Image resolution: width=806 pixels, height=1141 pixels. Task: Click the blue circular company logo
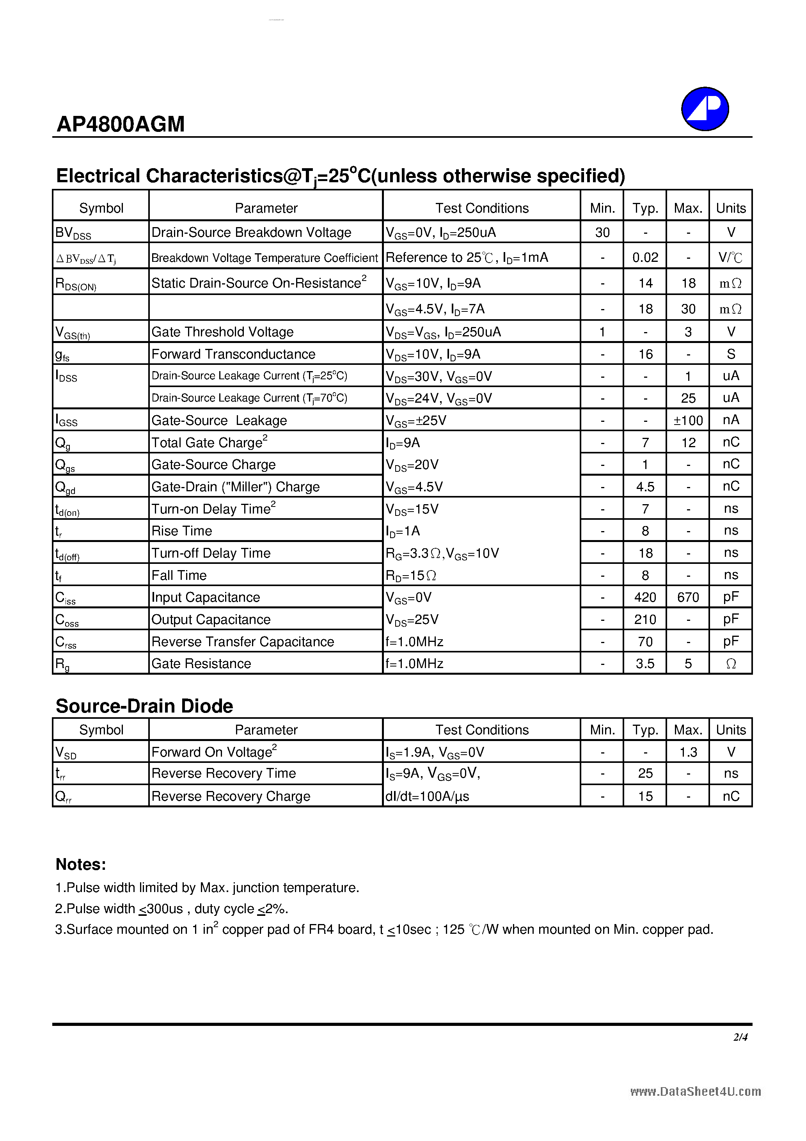pos(704,109)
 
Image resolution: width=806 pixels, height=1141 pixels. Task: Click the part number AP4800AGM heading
pos(121,124)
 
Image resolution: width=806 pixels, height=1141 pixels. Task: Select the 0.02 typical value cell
pos(645,258)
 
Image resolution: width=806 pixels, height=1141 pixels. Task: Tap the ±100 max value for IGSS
pos(688,420)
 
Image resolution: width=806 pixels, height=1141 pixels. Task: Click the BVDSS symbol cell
pos(73,233)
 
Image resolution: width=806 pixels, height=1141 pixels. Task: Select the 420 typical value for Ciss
pos(645,597)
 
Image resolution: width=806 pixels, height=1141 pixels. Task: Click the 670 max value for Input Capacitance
pos(688,597)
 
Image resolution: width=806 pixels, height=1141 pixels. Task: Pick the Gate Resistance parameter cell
pos(201,663)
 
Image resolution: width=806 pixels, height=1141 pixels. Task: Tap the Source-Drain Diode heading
pos(144,706)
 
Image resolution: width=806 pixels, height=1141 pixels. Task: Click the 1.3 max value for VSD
pos(688,752)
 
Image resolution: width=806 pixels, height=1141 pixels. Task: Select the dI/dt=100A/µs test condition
pos(427,796)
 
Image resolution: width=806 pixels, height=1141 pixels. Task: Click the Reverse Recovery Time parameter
pos(224,773)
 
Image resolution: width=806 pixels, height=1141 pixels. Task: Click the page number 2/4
pos(740,1037)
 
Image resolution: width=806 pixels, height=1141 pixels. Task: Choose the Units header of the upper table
pos(730,208)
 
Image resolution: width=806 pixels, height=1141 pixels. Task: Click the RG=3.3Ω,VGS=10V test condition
pos(442,553)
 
